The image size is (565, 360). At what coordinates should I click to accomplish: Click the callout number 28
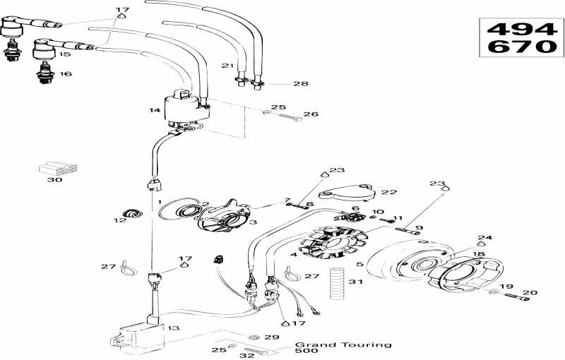[x=301, y=84]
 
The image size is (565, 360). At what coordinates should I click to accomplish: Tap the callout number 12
[x=119, y=220]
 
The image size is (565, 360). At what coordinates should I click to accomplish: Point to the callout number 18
[x=478, y=254]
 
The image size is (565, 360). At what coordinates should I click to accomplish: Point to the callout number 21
[x=226, y=66]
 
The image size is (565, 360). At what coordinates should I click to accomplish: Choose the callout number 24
[x=484, y=238]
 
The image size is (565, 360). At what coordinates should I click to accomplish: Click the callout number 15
[x=64, y=54]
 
